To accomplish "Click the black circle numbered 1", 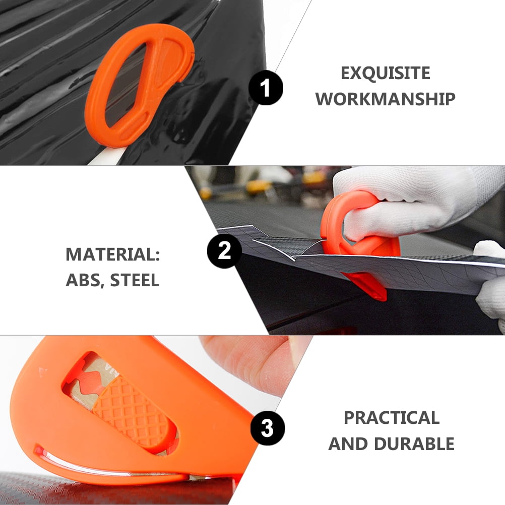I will coord(266,87).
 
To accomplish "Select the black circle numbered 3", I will coord(268,429).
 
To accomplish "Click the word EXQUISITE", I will coord(385,74).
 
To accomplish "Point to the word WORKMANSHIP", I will coord(385,99).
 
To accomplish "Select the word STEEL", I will coord(135,280).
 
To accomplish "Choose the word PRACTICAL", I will coord(391,418).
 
